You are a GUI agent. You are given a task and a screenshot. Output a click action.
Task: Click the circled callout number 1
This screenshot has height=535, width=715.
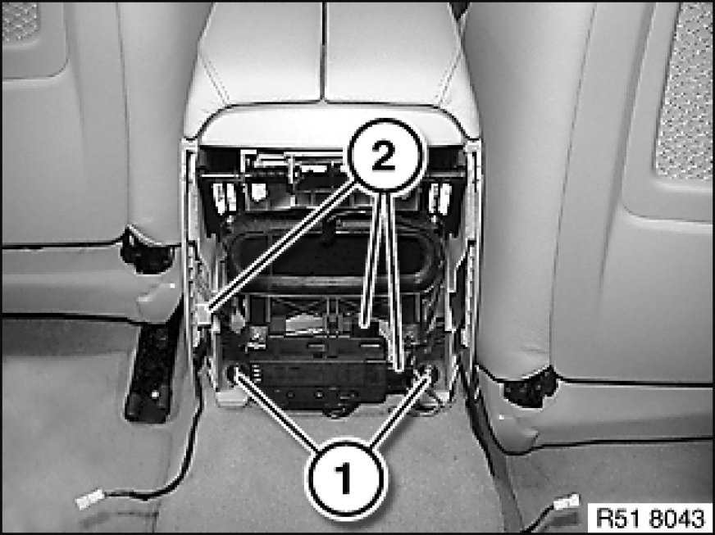click(347, 478)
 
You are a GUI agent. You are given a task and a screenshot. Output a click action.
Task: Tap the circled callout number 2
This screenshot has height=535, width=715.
click(386, 155)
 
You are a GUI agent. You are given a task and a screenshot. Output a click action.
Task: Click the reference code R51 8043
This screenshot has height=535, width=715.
click(650, 518)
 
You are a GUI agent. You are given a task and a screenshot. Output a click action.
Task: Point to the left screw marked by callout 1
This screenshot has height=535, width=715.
click(235, 373)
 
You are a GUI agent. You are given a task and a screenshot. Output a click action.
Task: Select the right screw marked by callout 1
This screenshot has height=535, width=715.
click(429, 373)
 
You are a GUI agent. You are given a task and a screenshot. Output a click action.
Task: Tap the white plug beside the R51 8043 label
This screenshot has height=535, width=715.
click(567, 503)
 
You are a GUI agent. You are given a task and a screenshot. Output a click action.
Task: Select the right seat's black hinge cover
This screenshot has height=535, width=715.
click(529, 387)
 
